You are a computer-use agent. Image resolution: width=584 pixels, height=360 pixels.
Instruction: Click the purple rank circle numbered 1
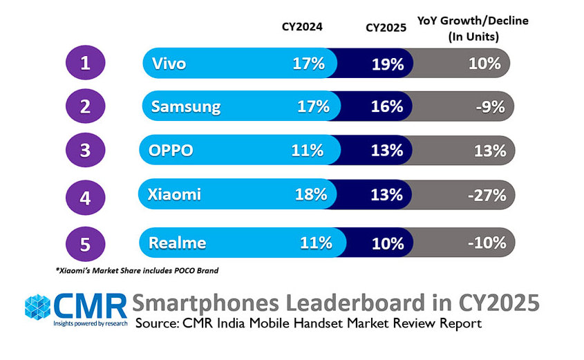coord(84,64)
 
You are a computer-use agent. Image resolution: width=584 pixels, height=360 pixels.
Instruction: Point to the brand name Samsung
coord(186,107)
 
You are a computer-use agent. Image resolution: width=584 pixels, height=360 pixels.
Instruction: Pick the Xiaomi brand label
coord(174,194)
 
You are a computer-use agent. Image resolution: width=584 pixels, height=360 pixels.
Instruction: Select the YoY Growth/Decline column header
coord(473,28)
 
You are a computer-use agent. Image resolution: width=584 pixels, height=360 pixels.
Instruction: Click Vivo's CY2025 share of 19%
coord(387,64)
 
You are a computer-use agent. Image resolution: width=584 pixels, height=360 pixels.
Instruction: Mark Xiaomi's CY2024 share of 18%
coord(310,194)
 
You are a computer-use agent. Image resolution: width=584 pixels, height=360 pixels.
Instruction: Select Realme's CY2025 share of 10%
coord(387,243)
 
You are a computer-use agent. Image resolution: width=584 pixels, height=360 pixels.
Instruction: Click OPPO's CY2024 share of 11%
coord(308,151)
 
